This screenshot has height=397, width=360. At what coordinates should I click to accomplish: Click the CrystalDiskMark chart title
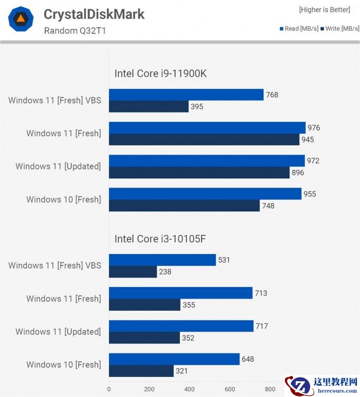94,14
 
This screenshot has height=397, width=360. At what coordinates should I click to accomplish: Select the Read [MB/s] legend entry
299,28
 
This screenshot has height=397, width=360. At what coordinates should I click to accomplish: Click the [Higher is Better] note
325,10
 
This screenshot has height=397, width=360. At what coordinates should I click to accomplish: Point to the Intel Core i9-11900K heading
160,74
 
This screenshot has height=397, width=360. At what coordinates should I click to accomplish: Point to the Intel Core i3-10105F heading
160,239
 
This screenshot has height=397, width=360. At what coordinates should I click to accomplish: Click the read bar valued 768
186,95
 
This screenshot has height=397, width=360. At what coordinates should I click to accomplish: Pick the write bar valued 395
149,106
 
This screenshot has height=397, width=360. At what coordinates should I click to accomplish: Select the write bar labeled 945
204,139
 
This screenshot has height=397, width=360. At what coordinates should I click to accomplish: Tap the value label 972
313,161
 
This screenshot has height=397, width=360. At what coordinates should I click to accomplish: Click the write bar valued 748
184,206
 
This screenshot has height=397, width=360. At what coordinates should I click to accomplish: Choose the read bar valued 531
162,260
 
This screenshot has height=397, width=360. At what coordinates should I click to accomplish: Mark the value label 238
165,272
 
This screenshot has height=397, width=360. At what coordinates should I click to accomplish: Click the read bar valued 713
181,293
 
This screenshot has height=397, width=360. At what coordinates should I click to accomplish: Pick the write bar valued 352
144,338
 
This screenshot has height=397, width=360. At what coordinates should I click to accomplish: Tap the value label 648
248,359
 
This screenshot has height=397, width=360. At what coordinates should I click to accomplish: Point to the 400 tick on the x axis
189,389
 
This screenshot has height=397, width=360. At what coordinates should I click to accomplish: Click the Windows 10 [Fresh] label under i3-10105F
64,365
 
